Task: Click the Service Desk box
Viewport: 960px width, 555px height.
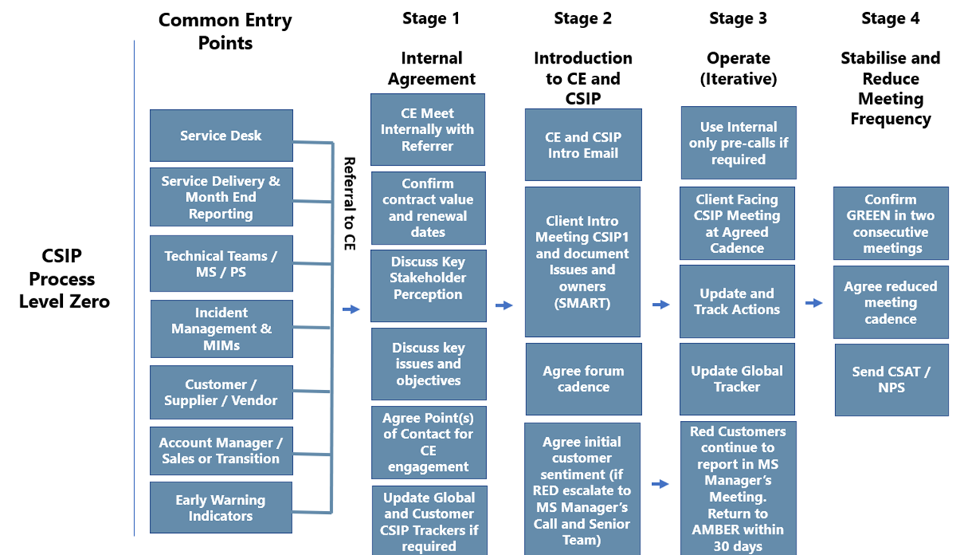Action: pyautogui.click(x=221, y=136)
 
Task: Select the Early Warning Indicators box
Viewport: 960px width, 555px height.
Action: pyautogui.click(x=221, y=508)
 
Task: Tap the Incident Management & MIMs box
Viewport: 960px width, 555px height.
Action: pyautogui.click(x=221, y=329)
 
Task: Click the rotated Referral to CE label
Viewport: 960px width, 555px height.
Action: pyautogui.click(x=349, y=204)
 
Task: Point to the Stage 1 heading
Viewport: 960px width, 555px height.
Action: pyautogui.click(x=431, y=18)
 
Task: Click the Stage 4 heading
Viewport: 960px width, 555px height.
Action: pyautogui.click(x=890, y=18)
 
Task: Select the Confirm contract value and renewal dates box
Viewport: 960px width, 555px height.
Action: pyautogui.click(x=428, y=207)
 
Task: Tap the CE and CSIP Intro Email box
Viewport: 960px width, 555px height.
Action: pyautogui.click(x=583, y=145)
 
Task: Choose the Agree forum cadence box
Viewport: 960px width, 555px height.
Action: pyautogui.click(x=583, y=379)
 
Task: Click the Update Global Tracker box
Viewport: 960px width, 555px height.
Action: pyautogui.click(x=737, y=379)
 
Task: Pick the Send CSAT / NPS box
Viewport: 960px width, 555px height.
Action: pyautogui.click(x=891, y=379)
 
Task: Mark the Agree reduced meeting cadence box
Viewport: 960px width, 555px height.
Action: pyautogui.click(x=890, y=302)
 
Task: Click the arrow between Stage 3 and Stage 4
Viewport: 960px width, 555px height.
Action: pyautogui.click(x=814, y=303)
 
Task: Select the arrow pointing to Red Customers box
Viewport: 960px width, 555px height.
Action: pyautogui.click(x=660, y=484)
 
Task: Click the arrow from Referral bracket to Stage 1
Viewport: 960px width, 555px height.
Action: pyautogui.click(x=351, y=309)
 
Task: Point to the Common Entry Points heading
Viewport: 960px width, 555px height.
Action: pyautogui.click(x=225, y=31)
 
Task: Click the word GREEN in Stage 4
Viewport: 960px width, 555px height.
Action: pyautogui.click(x=869, y=216)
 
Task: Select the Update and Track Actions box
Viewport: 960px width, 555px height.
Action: pyautogui.click(x=737, y=301)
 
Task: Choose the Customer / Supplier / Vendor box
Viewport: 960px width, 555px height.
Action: pyautogui.click(x=221, y=392)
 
